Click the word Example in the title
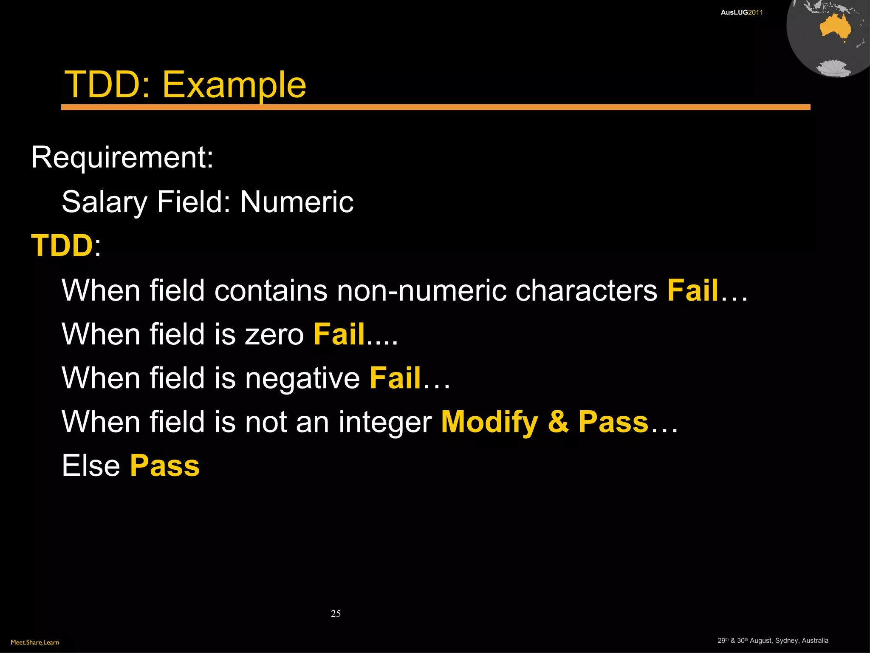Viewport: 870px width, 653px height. [x=234, y=85]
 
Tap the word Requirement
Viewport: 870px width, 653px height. [x=122, y=157]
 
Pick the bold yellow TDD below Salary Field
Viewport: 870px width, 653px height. [x=62, y=246]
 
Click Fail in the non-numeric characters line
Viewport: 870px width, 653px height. [x=692, y=290]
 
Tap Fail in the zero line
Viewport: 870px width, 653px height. [x=339, y=334]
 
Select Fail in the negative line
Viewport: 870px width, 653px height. [x=395, y=378]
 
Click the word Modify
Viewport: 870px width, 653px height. [x=489, y=422]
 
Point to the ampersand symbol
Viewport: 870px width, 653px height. [x=558, y=422]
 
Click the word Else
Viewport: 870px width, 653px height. [x=91, y=466]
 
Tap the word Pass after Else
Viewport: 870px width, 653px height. [x=165, y=466]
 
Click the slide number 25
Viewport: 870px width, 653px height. [x=336, y=613]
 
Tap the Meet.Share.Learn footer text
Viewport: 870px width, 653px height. [x=35, y=642]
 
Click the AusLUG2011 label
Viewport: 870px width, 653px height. [x=742, y=12]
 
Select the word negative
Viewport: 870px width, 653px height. [x=302, y=378]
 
